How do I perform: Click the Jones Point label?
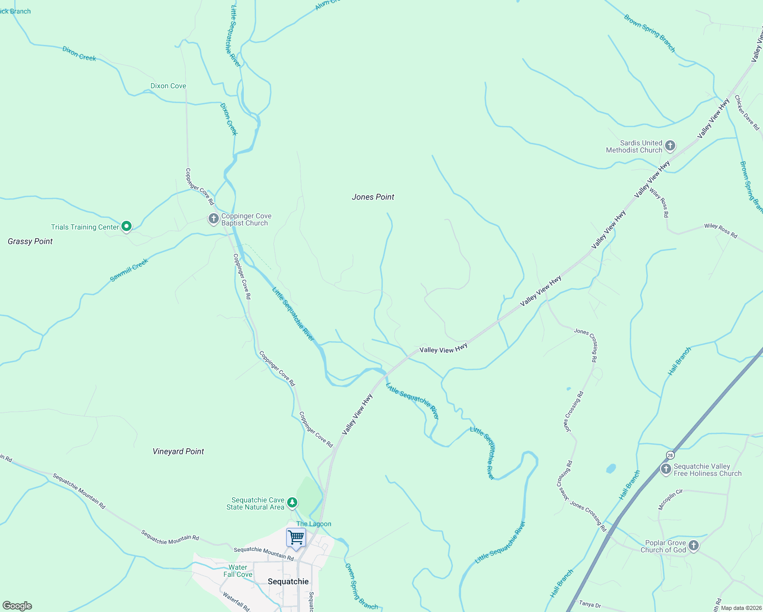[373, 197]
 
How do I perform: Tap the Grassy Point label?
[30, 241]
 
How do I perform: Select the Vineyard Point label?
[178, 451]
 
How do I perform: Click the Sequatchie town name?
[288, 581]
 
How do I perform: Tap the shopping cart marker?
[296, 538]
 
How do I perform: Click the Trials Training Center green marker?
[126, 226]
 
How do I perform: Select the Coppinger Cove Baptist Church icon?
[213, 219]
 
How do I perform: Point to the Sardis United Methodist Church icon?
[670, 146]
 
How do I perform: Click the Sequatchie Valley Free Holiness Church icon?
[666, 469]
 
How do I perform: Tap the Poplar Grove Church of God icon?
[693, 546]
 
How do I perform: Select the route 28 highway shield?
[670, 454]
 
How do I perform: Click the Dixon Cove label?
[168, 86]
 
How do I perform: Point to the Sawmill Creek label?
[129, 270]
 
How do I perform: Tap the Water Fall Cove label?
[238, 571]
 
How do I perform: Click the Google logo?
[17, 606]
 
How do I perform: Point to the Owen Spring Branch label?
[361, 587]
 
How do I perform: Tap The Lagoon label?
[314, 524]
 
